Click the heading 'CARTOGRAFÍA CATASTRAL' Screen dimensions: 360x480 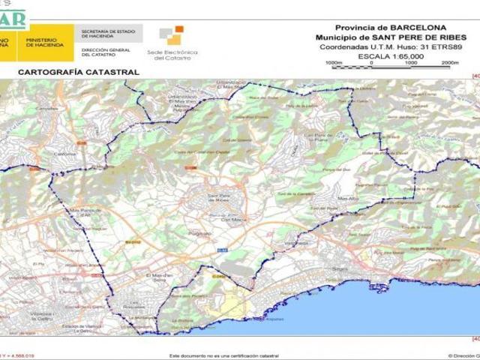(x=78, y=72)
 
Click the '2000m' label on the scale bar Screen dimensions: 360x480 (x=450, y=63)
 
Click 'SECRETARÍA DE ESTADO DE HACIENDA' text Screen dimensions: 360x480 (x=109, y=34)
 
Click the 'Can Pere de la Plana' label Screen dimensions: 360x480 (x=317, y=137)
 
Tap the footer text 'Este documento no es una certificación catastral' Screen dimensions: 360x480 (x=224, y=355)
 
